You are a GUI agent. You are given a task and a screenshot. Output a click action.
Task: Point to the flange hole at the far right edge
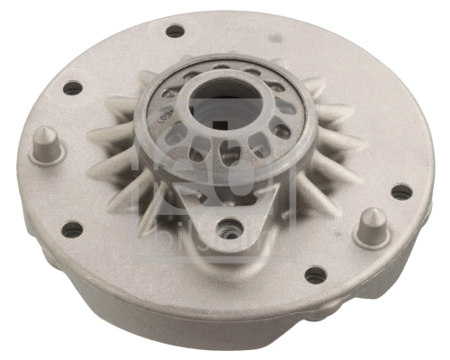(x=401, y=192)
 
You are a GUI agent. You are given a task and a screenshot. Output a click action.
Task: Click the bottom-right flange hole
(x=315, y=274)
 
